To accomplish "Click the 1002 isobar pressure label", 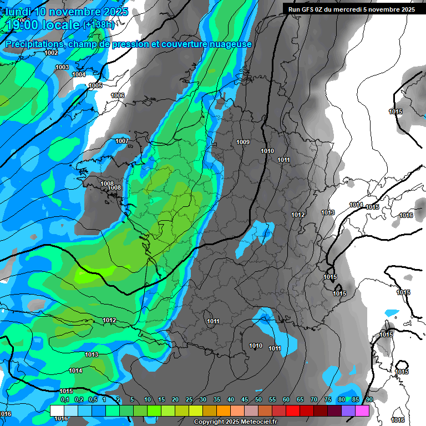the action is (51, 53).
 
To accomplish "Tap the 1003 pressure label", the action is (62, 67).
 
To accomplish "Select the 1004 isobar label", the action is (79, 74).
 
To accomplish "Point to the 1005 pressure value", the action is (95, 85).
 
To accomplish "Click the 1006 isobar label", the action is (118, 95).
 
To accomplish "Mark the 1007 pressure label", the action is (122, 141).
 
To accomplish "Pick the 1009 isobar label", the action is (243, 142).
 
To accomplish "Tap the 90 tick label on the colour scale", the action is (369, 399).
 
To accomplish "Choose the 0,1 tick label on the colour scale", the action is (64, 399).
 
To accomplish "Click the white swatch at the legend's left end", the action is (57, 410).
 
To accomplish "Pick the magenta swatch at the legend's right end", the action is (362, 410).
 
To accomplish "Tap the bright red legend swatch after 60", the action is (293, 410).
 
